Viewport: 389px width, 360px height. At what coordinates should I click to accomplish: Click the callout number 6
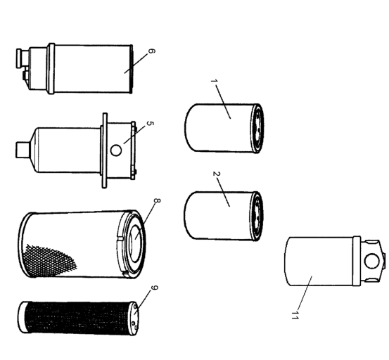click(151, 51)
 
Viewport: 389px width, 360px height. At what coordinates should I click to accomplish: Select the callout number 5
click(150, 123)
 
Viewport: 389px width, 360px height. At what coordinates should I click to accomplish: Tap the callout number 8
click(157, 200)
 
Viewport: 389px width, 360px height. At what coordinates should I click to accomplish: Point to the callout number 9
click(154, 288)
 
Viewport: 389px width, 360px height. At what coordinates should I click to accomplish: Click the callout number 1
click(214, 81)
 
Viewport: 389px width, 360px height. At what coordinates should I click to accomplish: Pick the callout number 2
click(217, 174)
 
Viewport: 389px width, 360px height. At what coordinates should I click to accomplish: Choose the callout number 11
click(295, 316)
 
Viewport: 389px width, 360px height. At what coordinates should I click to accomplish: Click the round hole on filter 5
click(116, 150)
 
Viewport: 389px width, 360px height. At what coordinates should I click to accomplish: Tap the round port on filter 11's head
click(371, 261)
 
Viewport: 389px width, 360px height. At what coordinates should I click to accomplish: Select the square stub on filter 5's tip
click(23, 150)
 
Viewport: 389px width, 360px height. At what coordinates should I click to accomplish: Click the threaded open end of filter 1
click(258, 129)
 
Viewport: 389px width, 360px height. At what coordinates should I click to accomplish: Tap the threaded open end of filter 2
click(258, 216)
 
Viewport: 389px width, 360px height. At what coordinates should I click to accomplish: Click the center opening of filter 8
click(136, 243)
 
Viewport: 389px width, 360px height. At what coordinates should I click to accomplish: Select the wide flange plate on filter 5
click(104, 150)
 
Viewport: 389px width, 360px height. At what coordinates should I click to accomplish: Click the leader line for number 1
click(223, 102)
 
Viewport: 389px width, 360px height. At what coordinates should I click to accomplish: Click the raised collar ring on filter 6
click(51, 69)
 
